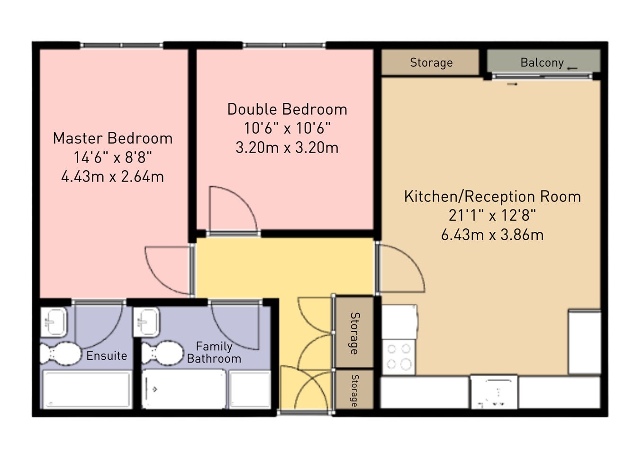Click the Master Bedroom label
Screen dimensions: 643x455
click(x=113, y=138)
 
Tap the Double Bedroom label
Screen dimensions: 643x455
click(x=287, y=109)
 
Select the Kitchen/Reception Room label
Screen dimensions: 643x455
click(x=492, y=197)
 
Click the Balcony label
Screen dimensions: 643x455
click(x=542, y=63)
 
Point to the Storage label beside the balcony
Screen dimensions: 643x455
click(x=431, y=63)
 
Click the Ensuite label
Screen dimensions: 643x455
click(x=107, y=355)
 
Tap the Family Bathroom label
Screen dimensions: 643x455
click(x=214, y=353)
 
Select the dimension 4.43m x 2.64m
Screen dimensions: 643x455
click(x=112, y=176)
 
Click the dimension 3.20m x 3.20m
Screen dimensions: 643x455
click(x=287, y=147)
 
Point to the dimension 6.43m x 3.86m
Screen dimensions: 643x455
click(x=492, y=235)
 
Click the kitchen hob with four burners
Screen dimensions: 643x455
click(x=398, y=357)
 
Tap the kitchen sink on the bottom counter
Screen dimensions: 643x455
click(x=494, y=392)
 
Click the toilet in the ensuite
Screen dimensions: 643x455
click(x=61, y=354)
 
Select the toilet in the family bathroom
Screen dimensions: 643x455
click(x=162, y=353)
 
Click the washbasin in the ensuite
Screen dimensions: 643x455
click(x=54, y=322)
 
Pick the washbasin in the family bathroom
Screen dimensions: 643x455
click(x=146, y=322)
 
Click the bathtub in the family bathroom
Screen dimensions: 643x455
click(x=184, y=389)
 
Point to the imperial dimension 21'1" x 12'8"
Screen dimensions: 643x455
click(x=492, y=216)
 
